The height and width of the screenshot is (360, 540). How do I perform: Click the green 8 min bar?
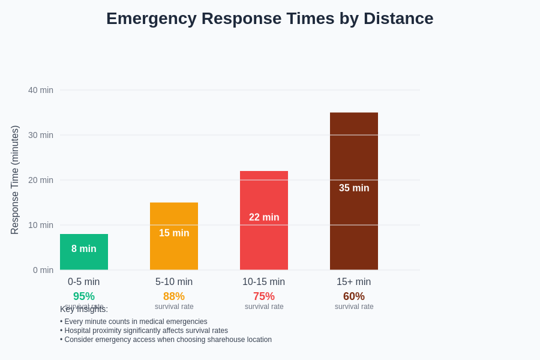coord(84,252)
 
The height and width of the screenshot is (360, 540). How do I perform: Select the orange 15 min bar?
coord(174,236)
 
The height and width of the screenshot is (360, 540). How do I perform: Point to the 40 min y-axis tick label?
coord(41,90)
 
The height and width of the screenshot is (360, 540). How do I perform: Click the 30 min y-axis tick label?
coord(41,135)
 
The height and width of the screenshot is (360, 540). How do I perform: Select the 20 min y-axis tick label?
coord(41,180)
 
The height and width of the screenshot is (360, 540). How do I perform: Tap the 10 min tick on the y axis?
coord(41,225)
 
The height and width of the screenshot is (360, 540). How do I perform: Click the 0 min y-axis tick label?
coord(43,270)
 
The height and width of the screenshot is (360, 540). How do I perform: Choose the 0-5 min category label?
coord(84,282)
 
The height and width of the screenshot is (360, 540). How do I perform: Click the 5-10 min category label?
coord(174,282)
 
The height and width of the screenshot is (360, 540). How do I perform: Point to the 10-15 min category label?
coord(264,282)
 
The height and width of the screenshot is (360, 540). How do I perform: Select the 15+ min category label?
coord(354,282)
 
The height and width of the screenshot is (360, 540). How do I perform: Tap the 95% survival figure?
coord(84,296)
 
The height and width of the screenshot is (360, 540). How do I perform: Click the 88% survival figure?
coord(174,296)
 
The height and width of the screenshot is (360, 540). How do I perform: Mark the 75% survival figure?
coord(264,296)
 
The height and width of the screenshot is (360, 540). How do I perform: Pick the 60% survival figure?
coord(354,296)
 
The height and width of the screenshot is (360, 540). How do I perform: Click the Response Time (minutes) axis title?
coord(15,180)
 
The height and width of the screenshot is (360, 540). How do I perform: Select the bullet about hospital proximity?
coord(144,331)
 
